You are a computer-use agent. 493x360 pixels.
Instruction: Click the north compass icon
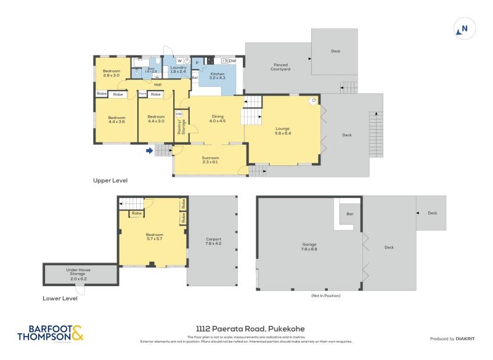point(463,28)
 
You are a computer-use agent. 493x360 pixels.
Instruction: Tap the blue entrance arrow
point(149,149)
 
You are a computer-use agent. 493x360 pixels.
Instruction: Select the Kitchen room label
point(218,75)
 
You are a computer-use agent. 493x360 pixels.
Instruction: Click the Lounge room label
point(282,131)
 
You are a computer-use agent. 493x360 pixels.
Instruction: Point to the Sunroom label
point(210,160)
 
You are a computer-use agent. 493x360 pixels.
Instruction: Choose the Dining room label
point(218,118)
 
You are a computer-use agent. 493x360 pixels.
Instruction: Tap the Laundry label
point(178,70)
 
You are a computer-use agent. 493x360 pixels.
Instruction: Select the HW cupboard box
point(179,114)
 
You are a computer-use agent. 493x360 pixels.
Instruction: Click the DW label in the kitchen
point(232,61)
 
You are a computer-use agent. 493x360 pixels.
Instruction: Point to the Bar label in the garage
point(349,215)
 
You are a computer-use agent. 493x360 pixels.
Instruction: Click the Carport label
point(213,240)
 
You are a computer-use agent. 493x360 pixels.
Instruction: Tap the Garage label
point(309,246)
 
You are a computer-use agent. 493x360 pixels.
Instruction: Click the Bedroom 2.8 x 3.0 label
point(111,73)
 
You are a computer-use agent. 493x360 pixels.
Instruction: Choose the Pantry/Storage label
point(181,127)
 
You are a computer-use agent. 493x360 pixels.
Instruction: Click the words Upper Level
point(110,181)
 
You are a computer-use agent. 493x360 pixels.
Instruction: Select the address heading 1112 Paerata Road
point(246,329)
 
